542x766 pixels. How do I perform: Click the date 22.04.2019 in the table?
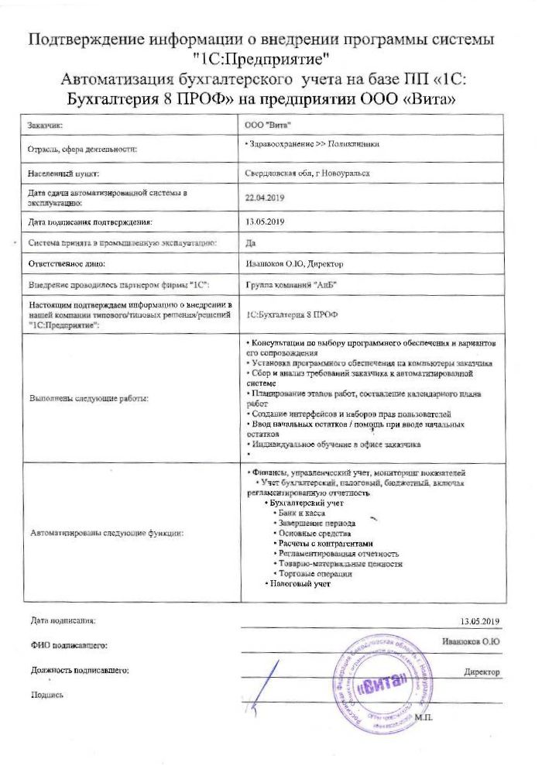[265, 198]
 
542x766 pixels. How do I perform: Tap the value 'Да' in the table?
[249, 243]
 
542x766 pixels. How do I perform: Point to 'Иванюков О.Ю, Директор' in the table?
[293, 264]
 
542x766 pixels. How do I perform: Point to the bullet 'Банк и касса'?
[303, 513]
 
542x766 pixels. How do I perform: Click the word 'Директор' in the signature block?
[482, 672]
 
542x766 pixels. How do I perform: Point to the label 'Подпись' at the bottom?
[46, 695]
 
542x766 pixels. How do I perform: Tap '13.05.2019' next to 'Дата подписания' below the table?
[481, 620]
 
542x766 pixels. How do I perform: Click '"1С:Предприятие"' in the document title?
[271, 58]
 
